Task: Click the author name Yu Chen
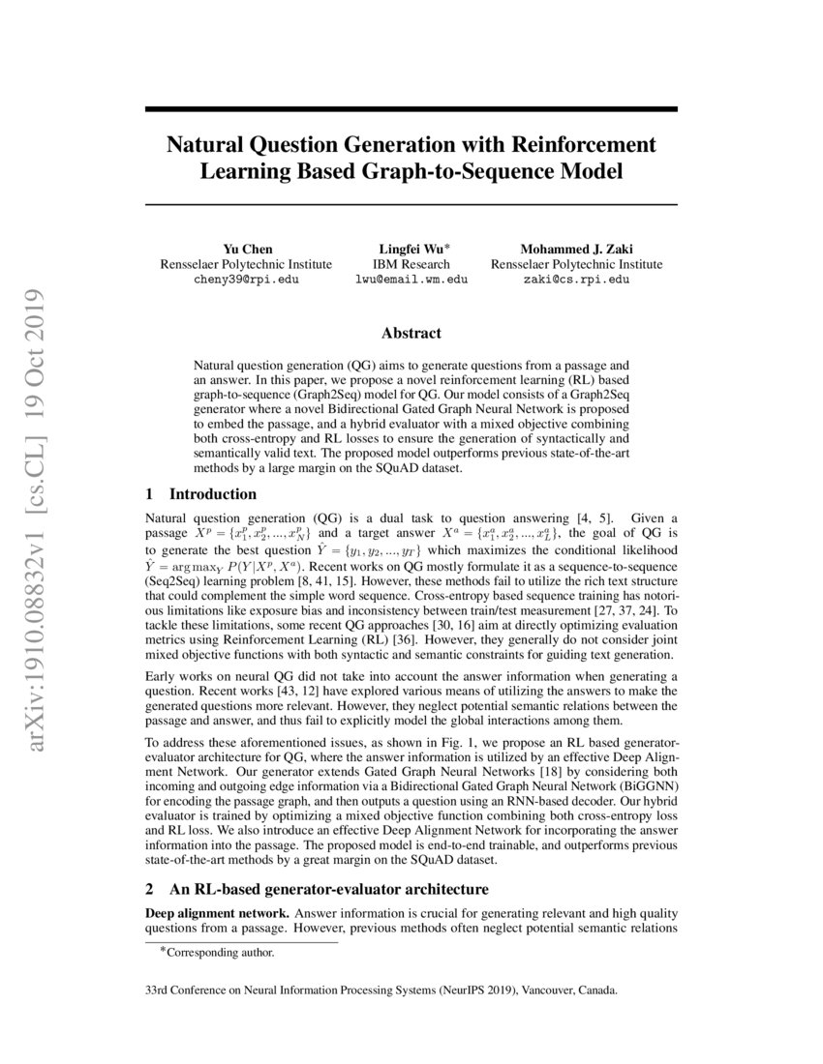[x=247, y=249]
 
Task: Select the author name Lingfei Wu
[x=409, y=249]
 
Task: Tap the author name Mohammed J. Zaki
[x=577, y=249]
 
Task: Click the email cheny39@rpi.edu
[x=247, y=279]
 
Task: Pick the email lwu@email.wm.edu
[x=411, y=279]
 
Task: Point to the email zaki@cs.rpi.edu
[x=577, y=279]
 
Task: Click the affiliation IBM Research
[x=411, y=264]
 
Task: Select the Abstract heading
[x=411, y=334]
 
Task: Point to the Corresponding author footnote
[x=220, y=953]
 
